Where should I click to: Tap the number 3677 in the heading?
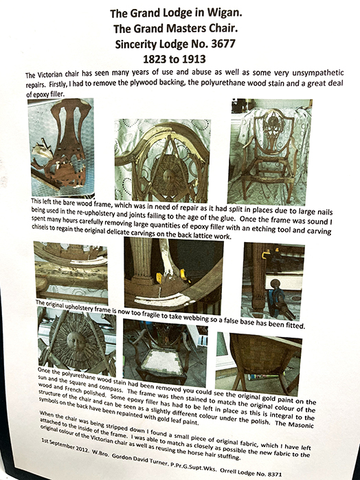coord(223,44)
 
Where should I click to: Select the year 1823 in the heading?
coord(155,58)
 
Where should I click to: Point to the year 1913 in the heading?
coord(194,58)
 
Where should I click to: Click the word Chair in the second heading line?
coord(223,29)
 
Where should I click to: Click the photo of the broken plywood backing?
coord(61,147)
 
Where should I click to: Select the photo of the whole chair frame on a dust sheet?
coord(270,151)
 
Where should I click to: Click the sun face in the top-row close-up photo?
coord(168,175)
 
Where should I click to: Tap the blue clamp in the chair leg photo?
coord(277,298)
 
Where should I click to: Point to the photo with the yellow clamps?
coord(174,276)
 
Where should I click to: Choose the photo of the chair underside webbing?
coord(259,364)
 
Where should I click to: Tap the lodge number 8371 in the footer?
coord(274,474)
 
